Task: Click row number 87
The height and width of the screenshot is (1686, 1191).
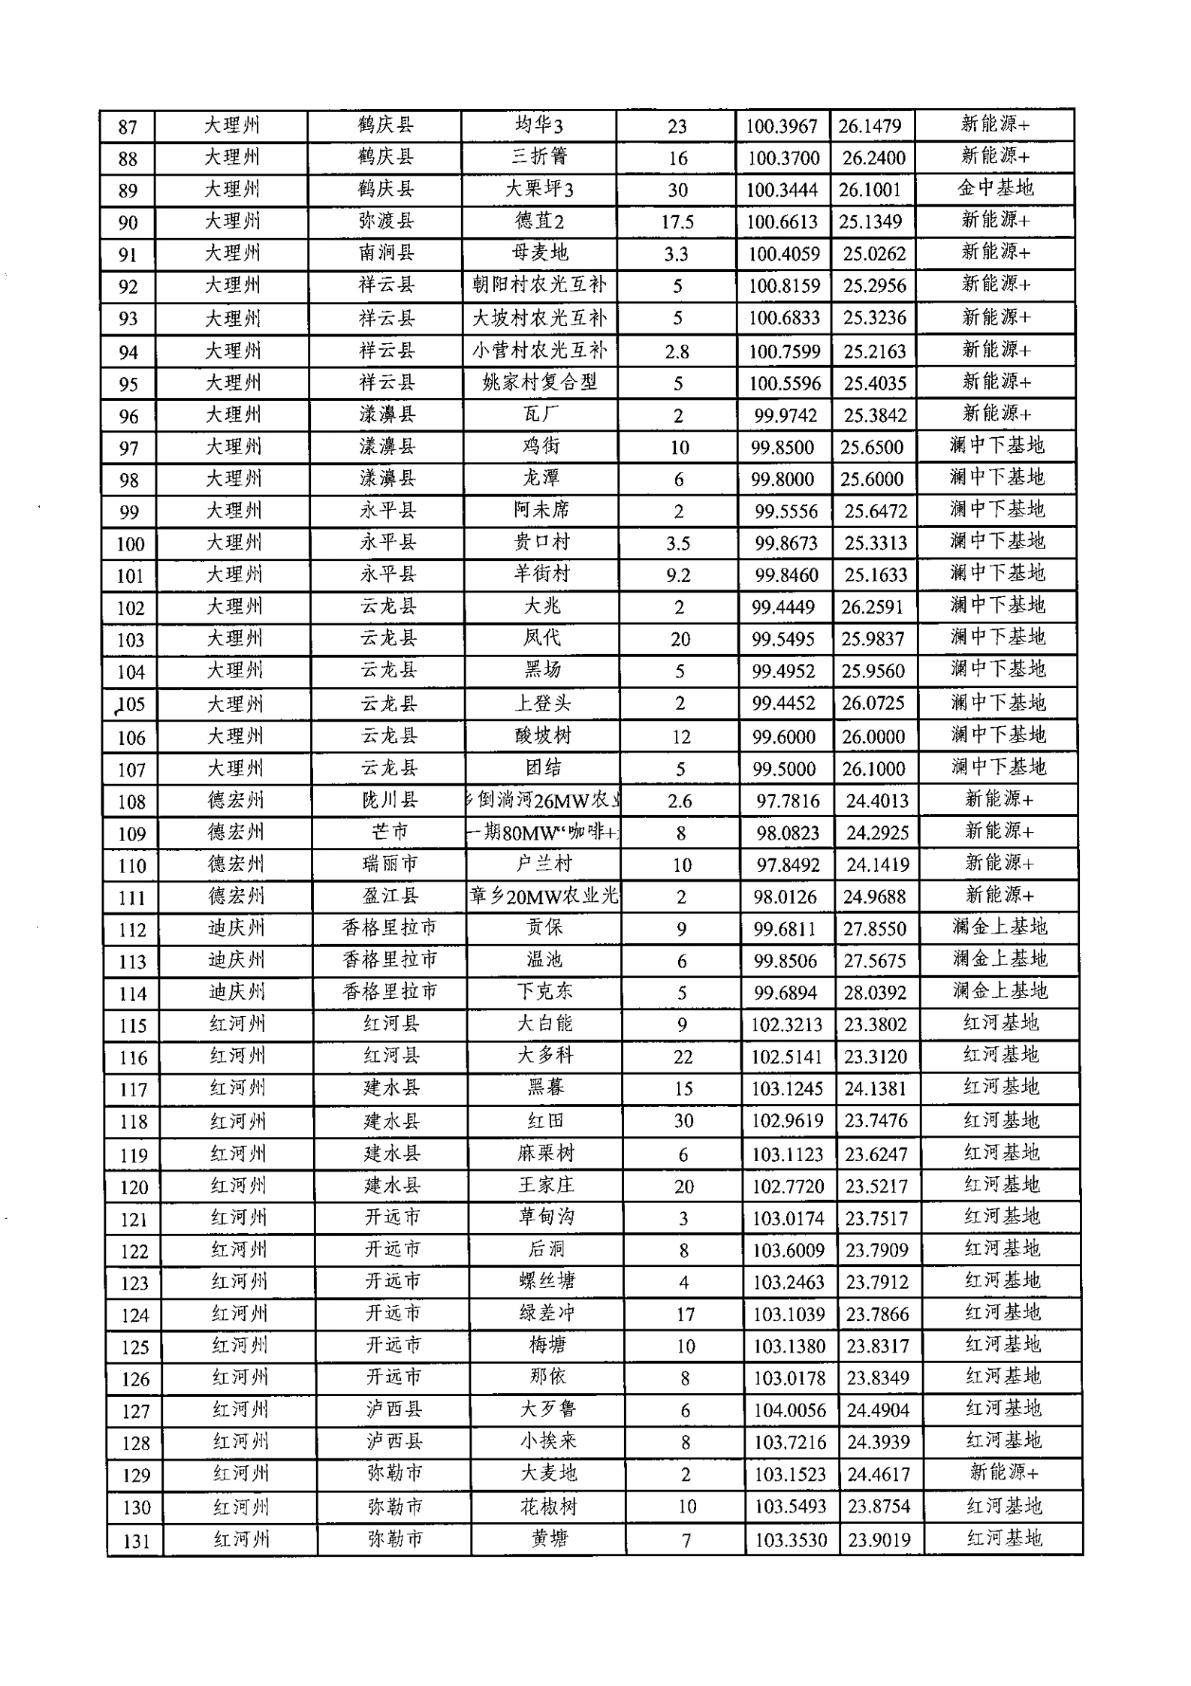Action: click(x=128, y=127)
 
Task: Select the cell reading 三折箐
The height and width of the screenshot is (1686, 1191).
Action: click(x=539, y=157)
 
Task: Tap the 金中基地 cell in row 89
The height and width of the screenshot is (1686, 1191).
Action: click(x=996, y=188)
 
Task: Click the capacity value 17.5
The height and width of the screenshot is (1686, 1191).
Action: click(x=677, y=222)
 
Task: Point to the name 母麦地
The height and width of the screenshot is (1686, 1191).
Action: click(x=540, y=253)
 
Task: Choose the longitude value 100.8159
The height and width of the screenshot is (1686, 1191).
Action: click(x=784, y=286)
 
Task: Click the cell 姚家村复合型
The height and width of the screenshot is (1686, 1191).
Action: click(x=540, y=383)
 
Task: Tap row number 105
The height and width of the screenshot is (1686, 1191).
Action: click(x=131, y=704)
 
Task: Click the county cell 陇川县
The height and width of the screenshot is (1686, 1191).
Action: click(x=389, y=801)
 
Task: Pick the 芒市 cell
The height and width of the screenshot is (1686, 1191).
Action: click(x=389, y=832)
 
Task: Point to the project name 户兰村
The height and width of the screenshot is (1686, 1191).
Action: click(x=543, y=864)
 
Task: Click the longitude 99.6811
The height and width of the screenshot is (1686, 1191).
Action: click(x=785, y=929)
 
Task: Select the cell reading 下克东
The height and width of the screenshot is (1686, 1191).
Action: click(x=544, y=992)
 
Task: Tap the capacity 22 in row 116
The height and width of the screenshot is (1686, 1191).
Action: click(x=683, y=1057)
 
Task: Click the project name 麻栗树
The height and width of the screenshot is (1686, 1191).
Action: click(x=546, y=1154)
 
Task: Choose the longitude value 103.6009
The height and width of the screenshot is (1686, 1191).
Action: click(x=788, y=1250)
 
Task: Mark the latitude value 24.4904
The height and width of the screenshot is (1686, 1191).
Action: click(x=878, y=1410)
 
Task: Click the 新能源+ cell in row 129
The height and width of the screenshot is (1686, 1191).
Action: click(x=1004, y=1473)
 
